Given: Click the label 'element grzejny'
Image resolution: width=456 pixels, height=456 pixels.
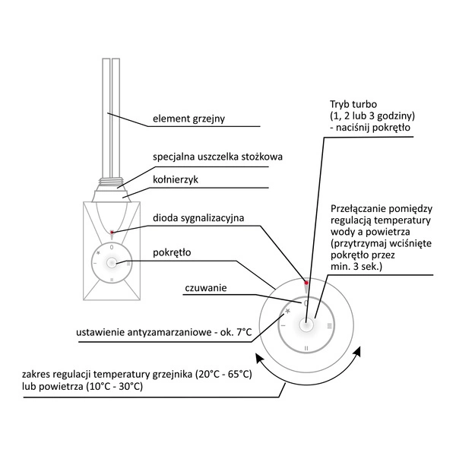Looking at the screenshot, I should [188, 119].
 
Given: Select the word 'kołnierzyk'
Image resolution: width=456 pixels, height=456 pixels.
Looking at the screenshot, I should [175, 180].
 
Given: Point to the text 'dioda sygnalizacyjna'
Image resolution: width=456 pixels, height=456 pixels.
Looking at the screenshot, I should [198, 218].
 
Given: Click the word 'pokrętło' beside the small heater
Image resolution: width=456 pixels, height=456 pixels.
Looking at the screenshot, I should [172, 251].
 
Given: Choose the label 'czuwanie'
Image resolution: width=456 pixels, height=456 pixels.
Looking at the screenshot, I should [206, 288].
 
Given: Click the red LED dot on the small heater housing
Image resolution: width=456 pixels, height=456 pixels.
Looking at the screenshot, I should [112, 233].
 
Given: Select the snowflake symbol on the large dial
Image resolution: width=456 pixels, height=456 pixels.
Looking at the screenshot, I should [288, 310].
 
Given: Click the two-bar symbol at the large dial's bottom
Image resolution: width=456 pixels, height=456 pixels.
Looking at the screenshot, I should [306, 348].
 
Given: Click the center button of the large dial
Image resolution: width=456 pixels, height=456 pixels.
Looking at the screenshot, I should [306, 325].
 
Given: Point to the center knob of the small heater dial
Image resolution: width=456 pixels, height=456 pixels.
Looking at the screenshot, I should [112, 262].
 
